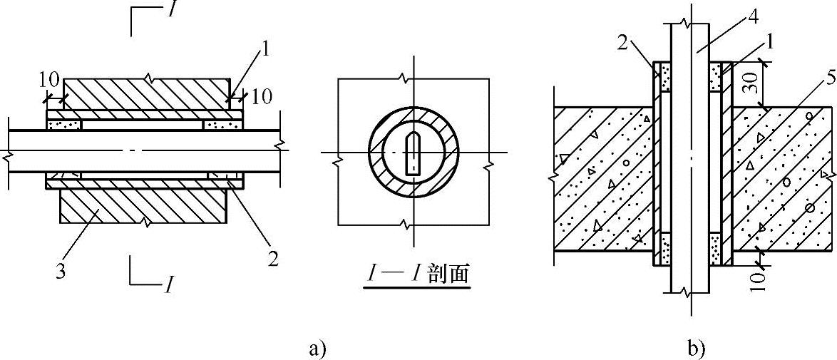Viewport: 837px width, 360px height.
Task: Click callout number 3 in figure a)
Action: point(61,271)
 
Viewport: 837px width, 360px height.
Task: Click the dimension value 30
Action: point(769,83)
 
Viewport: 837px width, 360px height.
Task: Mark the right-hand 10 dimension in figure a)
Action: point(262,96)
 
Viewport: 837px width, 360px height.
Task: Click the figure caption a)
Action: point(317,349)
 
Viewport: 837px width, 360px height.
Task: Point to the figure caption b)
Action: point(695,349)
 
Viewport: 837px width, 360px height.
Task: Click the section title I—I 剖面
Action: point(416,274)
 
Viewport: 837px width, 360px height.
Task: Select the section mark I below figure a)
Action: point(168,285)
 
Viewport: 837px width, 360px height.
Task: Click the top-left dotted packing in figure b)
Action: point(665,78)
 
